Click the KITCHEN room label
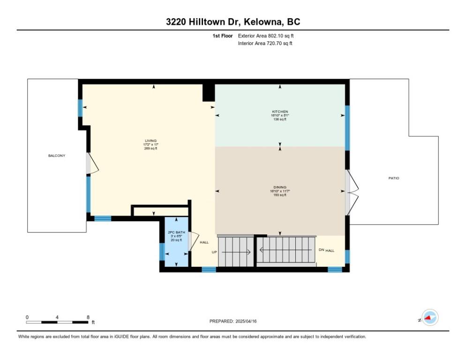click(x=280, y=112)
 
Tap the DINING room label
click(x=280, y=187)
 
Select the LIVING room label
click(x=150, y=141)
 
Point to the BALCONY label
click(x=57, y=156)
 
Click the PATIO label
click(x=394, y=179)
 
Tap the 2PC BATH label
click(x=176, y=232)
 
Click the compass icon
click(x=430, y=317)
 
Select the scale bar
click(x=57, y=322)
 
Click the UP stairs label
click(x=214, y=252)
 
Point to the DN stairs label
click(x=321, y=250)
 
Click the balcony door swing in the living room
click(x=92, y=164)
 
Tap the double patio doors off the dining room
click(x=352, y=192)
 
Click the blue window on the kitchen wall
click(x=347, y=128)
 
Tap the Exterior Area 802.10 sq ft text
click(x=266, y=36)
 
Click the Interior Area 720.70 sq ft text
click(x=265, y=44)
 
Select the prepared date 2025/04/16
click(x=246, y=322)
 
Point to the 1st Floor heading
click(x=223, y=36)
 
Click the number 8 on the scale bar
click(x=88, y=317)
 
